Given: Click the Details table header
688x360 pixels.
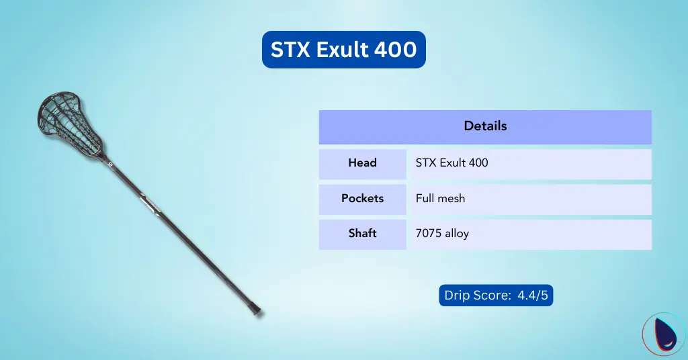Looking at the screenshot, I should [x=485, y=126].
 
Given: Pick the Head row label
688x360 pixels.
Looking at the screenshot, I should [x=362, y=163].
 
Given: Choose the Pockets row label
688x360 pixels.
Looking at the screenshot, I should [x=362, y=199].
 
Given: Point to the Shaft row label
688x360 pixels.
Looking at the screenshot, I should [x=362, y=234].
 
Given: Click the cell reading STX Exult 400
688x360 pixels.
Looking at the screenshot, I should [x=452, y=163].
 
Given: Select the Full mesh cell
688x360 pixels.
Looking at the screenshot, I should [x=441, y=199].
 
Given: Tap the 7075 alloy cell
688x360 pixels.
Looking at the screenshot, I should [x=442, y=234].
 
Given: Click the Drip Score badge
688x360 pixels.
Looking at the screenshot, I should [x=496, y=296].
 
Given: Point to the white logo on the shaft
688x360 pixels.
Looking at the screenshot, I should [x=149, y=202].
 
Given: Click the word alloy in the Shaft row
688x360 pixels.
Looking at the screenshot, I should [x=456, y=234].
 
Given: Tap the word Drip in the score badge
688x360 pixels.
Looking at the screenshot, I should [x=457, y=296].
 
